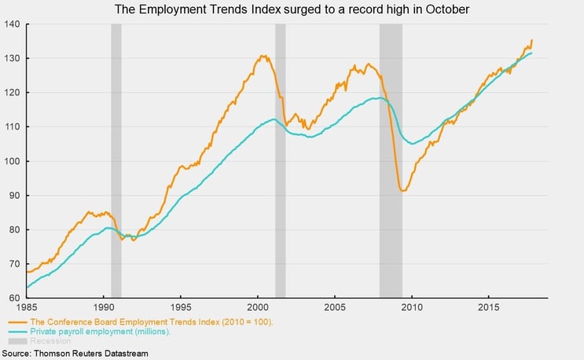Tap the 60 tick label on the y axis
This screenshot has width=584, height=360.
pyautogui.click(x=14, y=298)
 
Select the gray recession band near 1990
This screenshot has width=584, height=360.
pyautogui.click(x=116, y=157)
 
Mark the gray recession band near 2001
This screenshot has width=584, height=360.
pyautogui.click(x=280, y=157)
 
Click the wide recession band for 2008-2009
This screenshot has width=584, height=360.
pyautogui.click(x=391, y=157)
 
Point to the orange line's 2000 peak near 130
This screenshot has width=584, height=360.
pyautogui.click(x=262, y=56)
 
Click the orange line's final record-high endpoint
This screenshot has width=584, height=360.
pyautogui.click(x=532, y=40)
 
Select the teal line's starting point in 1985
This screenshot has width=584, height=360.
pyautogui.click(x=28, y=288)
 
